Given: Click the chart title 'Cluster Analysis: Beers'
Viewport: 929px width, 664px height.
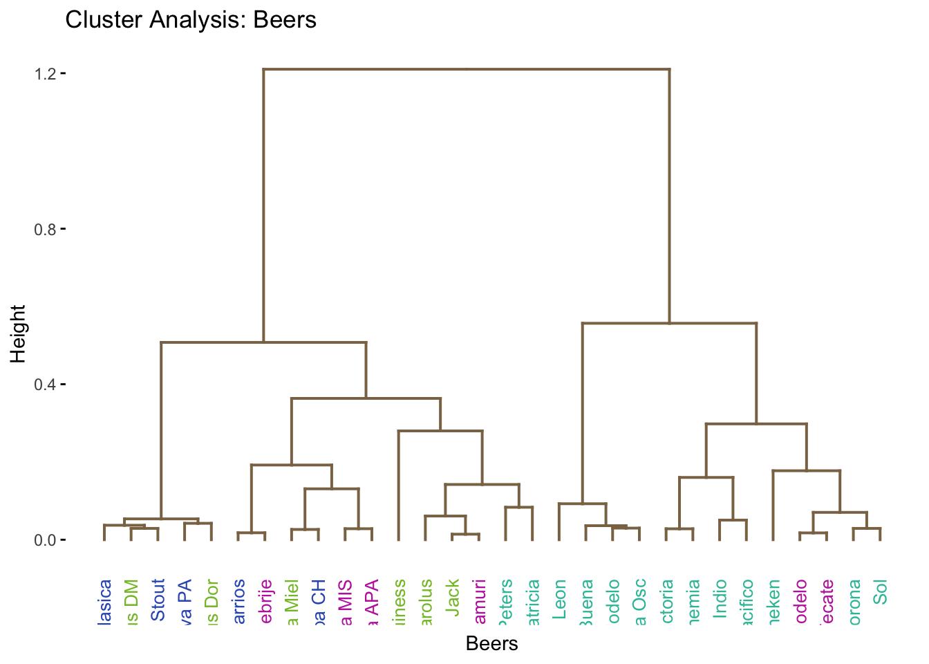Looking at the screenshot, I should pyautogui.click(x=191, y=20).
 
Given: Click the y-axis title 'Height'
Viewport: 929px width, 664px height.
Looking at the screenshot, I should pyautogui.click(x=18, y=333).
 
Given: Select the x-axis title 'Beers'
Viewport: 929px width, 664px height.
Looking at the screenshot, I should pyautogui.click(x=491, y=644).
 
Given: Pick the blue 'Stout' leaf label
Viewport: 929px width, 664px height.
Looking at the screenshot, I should pyautogui.click(x=158, y=600).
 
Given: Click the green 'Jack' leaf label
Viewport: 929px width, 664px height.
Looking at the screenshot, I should pyautogui.click(x=452, y=598).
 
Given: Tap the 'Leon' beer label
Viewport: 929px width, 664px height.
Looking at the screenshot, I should pyautogui.click(x=559, y=599).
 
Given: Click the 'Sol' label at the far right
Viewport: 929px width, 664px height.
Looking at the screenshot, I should pyautogui.click(x=880, y=593).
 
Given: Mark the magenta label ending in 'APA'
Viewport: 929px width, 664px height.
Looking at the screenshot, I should pyautogui.click(x=372, y=602).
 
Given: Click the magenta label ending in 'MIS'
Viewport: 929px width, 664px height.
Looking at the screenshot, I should pyautogui.click(x=346, y=602).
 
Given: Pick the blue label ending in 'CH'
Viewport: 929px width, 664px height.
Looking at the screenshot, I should pyautogui.click(x=319, y=602).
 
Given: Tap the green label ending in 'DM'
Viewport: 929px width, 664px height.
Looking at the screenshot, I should pyautogui.click(x=131, y=602).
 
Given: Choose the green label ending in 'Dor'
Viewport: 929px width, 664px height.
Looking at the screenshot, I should pyautogui.click(x=212, y=602).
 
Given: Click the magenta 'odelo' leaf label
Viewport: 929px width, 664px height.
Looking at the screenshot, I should pyautogui.click(x=800, y=602).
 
